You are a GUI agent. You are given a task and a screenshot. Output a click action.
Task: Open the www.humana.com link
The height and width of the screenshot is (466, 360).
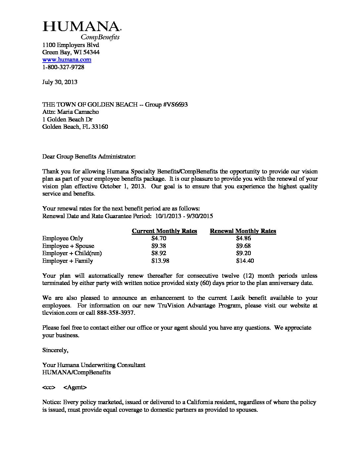click(67, 60)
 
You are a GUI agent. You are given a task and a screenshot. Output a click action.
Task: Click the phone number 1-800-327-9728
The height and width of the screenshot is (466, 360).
click(63, 67)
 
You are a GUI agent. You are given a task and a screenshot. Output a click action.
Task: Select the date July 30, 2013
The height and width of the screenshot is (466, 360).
click(60, 82)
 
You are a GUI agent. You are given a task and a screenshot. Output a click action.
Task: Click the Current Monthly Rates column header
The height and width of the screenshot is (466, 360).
click(164, 231)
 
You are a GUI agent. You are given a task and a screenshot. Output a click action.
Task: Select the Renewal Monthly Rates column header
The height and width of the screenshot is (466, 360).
click(243, 231)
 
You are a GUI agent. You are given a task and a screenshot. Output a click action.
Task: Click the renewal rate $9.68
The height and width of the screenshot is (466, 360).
click(244, 246)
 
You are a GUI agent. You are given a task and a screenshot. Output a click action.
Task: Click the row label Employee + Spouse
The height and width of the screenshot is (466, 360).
click(68, 246)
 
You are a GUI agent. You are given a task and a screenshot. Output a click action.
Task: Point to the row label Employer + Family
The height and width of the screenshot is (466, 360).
click(67, 261)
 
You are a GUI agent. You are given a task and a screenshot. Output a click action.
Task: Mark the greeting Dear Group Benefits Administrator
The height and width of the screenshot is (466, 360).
click(89, 156)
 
